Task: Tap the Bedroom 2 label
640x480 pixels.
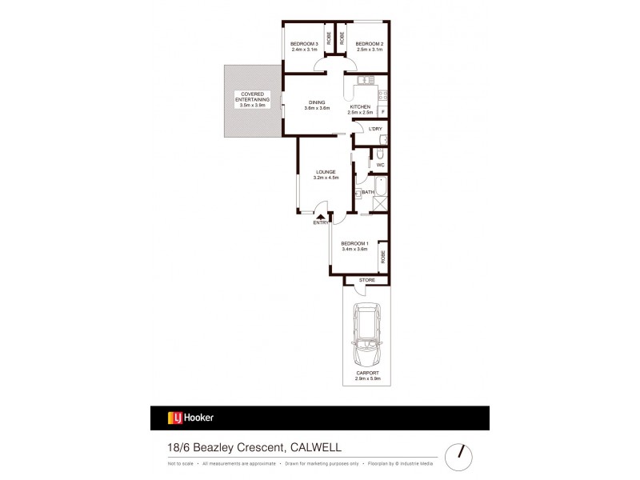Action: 370,43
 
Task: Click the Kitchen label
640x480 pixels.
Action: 359,107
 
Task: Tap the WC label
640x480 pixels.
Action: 380,166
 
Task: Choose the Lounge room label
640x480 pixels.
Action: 324,172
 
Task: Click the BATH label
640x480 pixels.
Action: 368,192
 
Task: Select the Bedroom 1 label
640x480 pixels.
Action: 354,243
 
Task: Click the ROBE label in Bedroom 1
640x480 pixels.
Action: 383,257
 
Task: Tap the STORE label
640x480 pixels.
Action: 367,280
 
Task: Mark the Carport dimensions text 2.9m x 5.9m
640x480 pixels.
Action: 367,378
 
